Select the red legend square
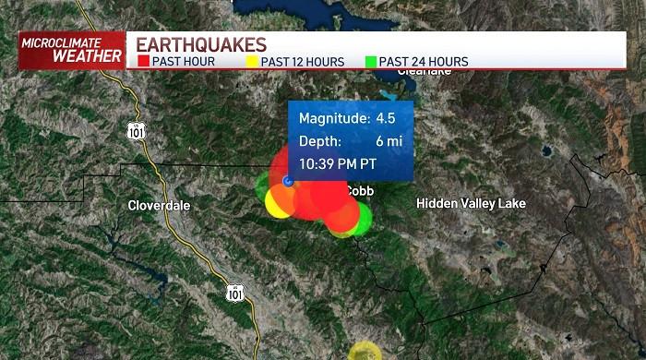(x=143, y=62)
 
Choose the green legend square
(x=370, y=62)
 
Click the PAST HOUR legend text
(x=185, y=62)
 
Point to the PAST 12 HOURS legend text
(x=303, y=62)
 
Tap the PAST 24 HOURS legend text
(x=424, y=62)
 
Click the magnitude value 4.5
(x=385, y=119)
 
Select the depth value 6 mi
(x=385, y=141)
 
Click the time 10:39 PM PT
(x=338, y=164)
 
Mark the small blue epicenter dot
(x=288, y=181)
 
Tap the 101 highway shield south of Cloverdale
(x=235, y=293)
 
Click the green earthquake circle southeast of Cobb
(x=361, y=219)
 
